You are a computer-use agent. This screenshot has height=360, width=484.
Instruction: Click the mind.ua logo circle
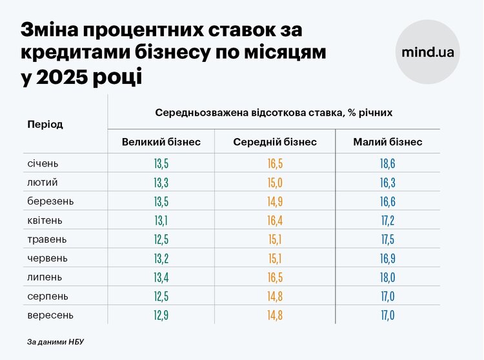427,52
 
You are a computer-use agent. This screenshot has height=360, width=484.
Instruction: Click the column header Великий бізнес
161,142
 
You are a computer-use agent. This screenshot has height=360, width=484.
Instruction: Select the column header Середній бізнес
275,142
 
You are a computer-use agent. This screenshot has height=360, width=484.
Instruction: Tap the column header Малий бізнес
388,142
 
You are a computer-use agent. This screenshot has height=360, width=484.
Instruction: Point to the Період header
45,124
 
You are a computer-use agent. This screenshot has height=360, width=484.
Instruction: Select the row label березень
50,201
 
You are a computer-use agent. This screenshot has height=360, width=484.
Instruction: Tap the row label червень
48,259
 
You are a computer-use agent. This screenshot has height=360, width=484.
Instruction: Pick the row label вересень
50,315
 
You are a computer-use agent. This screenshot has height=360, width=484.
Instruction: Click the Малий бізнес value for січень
388,164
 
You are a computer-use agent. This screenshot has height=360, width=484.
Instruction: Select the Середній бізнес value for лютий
275,183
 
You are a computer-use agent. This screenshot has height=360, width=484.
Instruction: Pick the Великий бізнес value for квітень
161,221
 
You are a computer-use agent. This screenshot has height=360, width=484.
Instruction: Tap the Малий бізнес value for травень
388,240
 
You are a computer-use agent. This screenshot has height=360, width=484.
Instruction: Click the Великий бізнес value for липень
161,278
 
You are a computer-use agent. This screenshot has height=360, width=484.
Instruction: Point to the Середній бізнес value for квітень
275,221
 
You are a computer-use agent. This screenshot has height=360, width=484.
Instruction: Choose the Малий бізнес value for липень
388,278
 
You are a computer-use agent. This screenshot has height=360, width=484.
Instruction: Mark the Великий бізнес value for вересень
161,316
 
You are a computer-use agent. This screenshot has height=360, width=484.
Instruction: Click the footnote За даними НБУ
55,341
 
